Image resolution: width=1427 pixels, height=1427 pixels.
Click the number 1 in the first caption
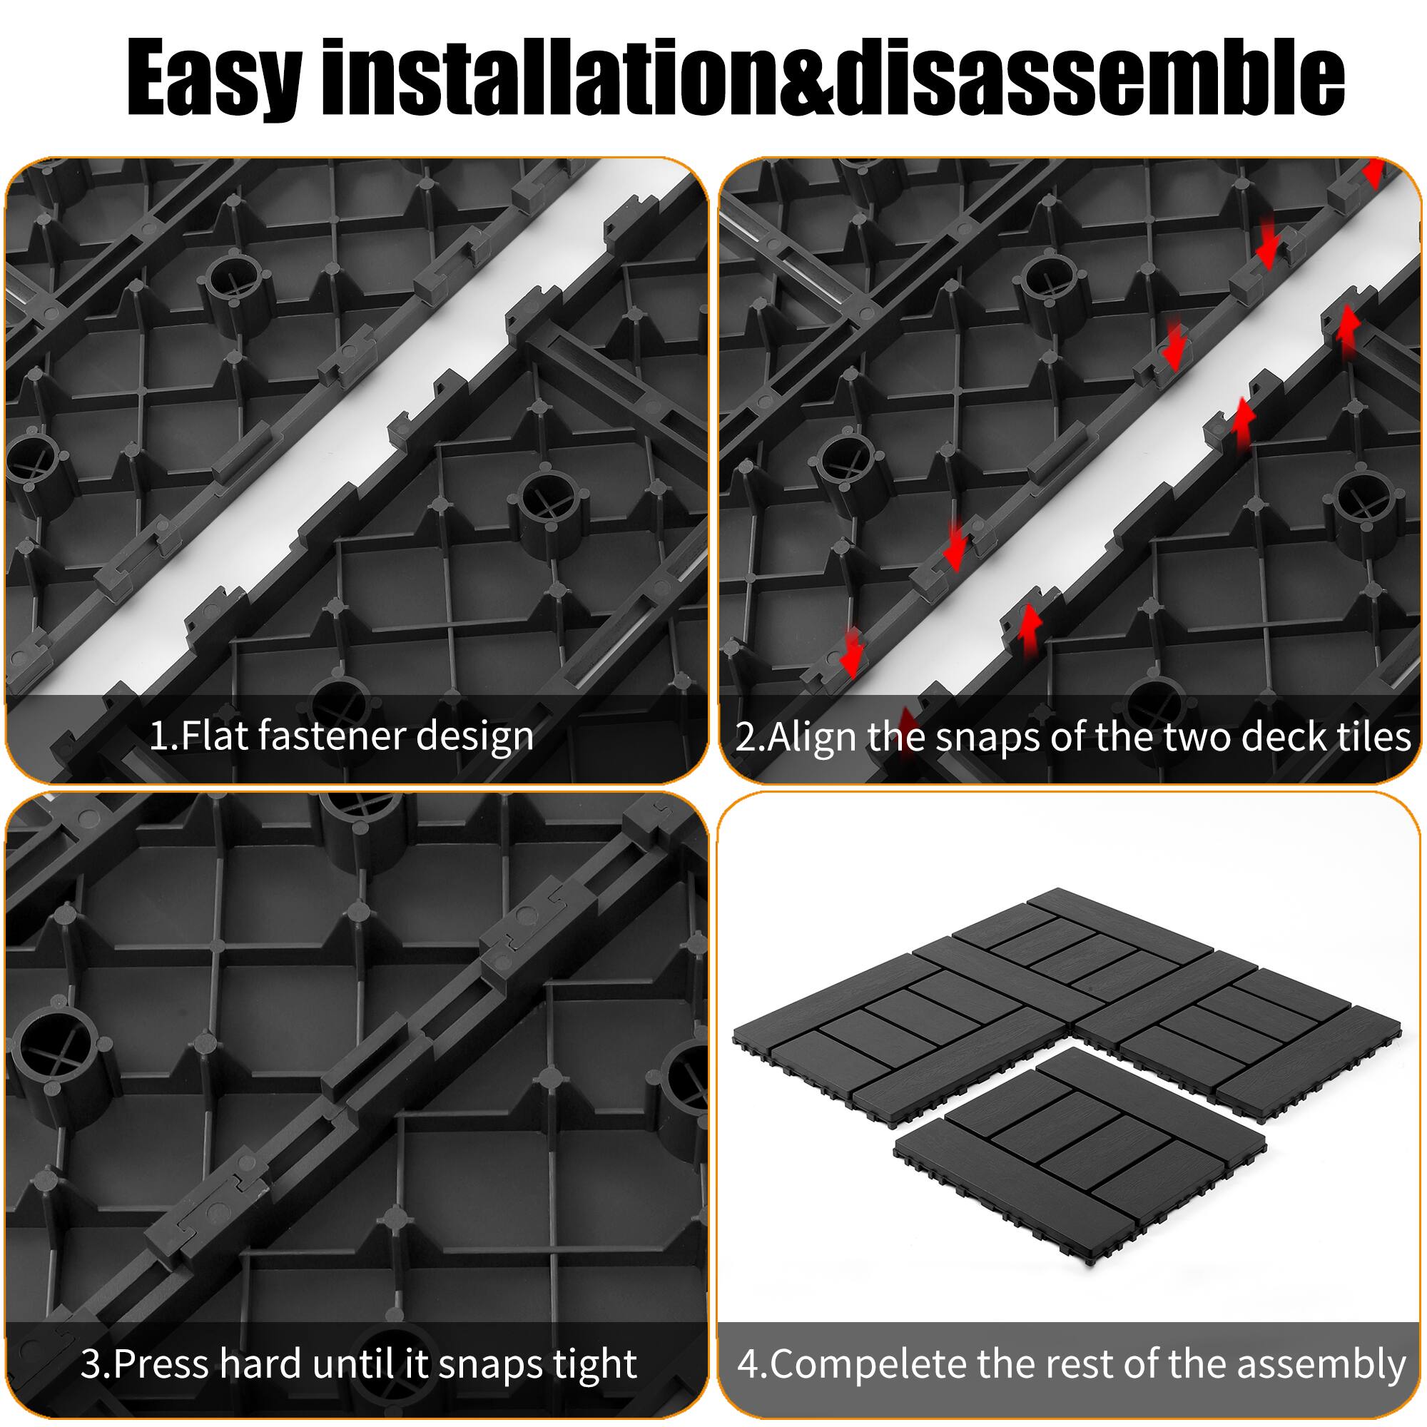point(157,736)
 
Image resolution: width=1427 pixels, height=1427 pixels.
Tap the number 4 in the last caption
point(749,1364)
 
